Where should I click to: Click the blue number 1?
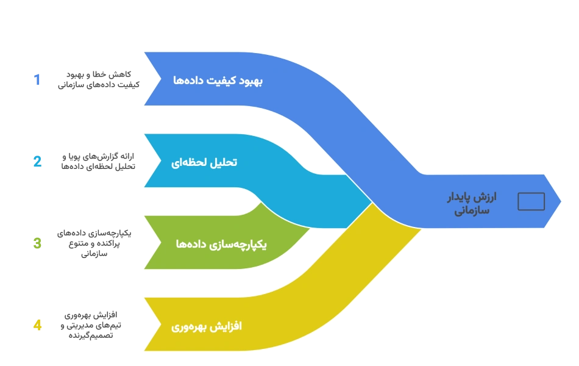(x=38, y=80)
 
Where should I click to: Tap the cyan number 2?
(x=37, y=162)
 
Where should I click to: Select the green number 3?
(x=37, y=242)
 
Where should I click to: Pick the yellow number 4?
(x=37, y=325)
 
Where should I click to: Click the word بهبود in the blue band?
(x=250, y=81)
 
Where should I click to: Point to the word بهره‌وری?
(x=191, y=326)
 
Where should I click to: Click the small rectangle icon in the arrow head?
(x=531, y=201)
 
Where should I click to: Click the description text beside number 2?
(x=98, y=162)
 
